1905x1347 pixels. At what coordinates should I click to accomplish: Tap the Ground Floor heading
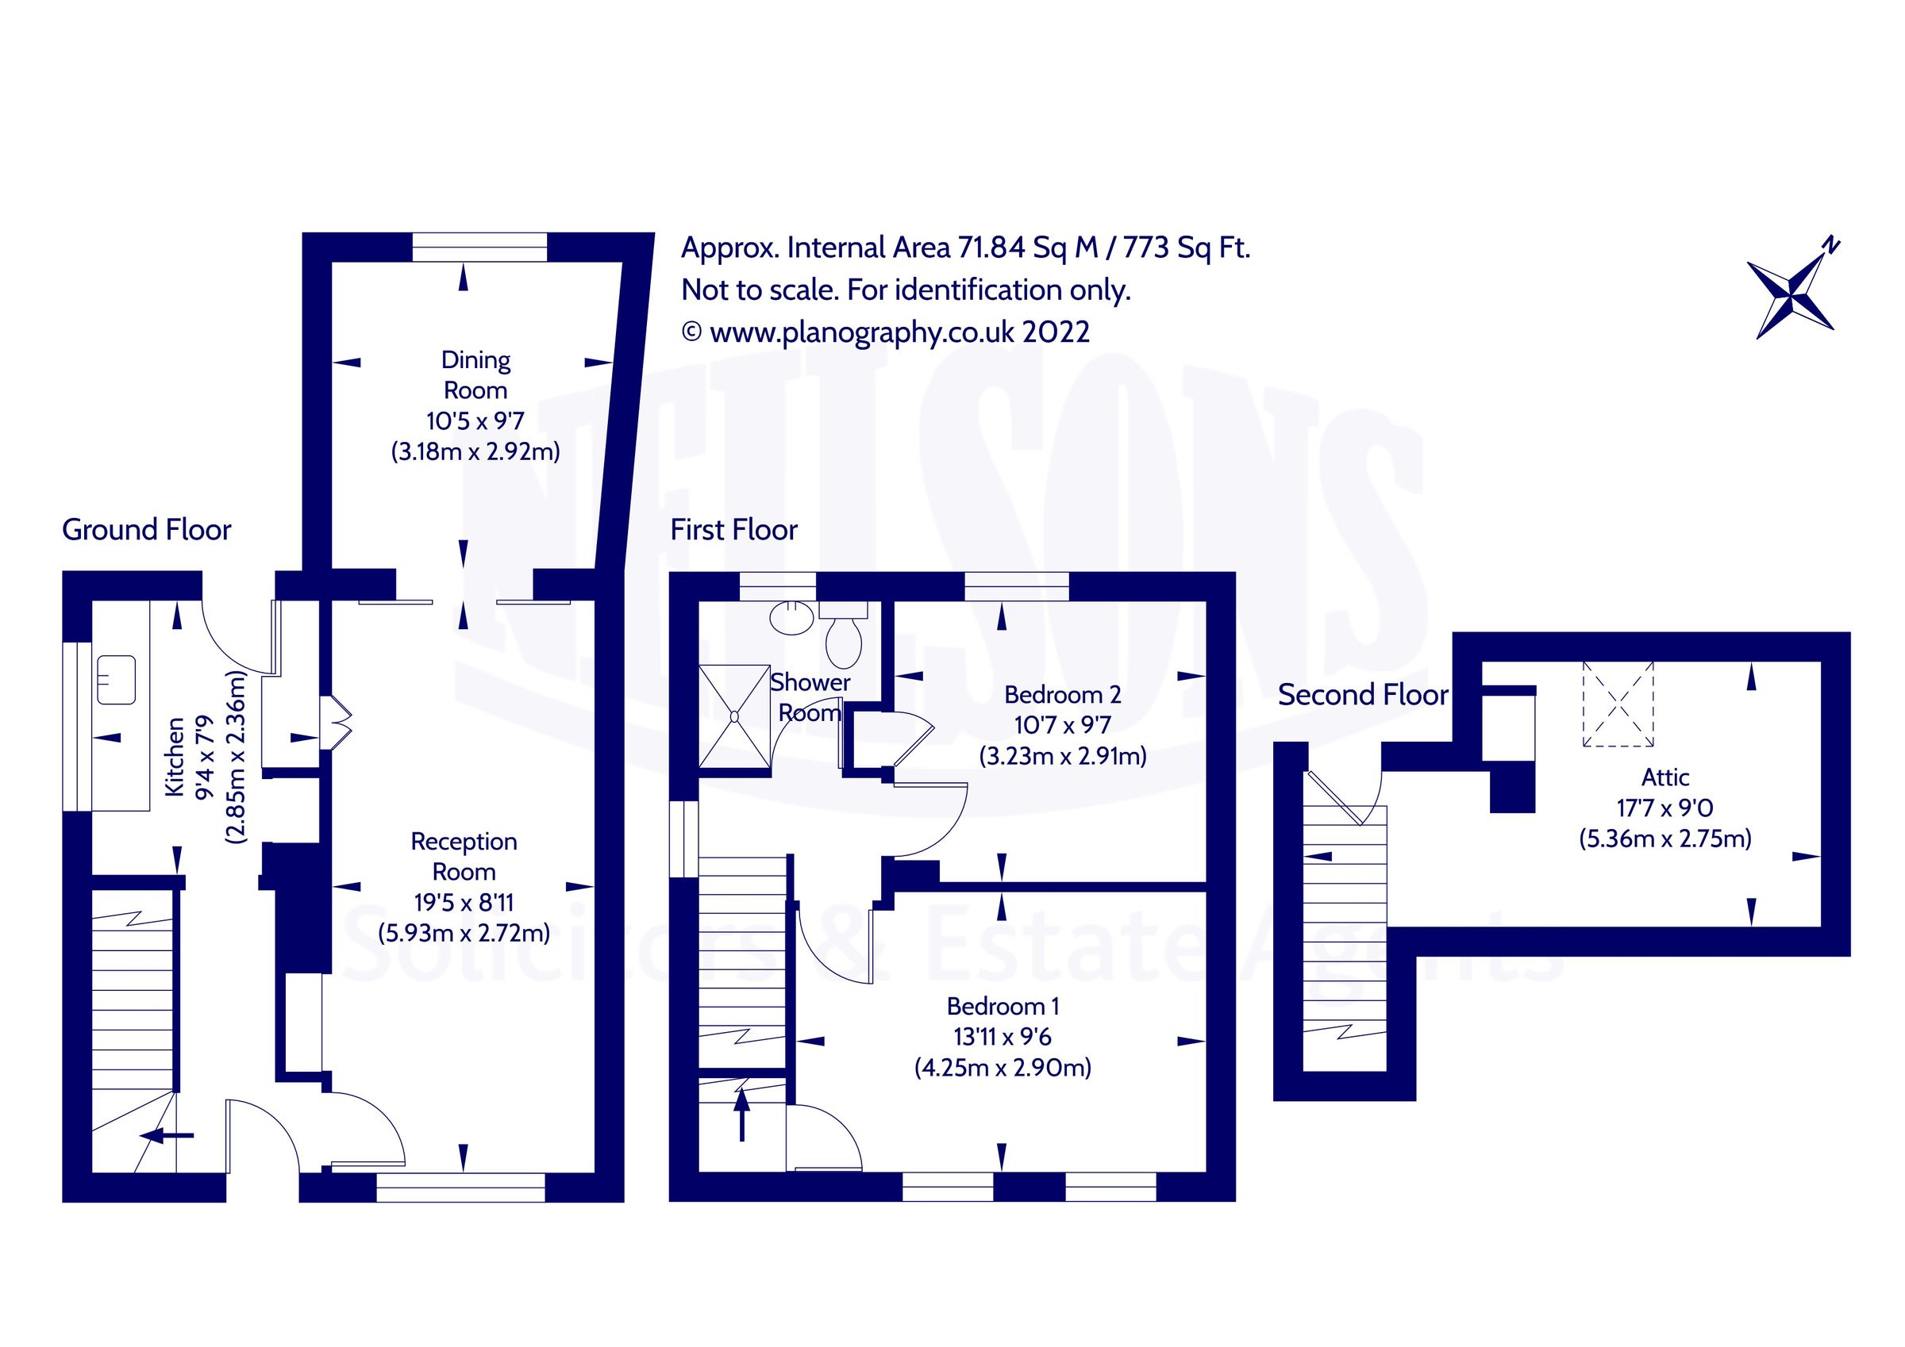coord(146,530)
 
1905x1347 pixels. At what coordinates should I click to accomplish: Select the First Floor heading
coord(733,530)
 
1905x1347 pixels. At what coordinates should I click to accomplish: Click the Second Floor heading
coord(1362,695)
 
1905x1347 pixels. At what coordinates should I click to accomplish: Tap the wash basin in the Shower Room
coord(791,617)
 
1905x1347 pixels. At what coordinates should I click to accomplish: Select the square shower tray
coord(733,716)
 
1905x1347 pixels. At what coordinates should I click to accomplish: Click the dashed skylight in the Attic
coord(1618,704)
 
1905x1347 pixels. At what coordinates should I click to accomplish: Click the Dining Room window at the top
coord(479,248)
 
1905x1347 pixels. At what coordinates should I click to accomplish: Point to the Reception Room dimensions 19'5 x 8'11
coord(464,903)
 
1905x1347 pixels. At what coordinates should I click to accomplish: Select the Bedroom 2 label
coord(1062,694)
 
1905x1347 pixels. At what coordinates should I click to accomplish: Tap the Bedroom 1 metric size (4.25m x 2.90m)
coord(1003,1068)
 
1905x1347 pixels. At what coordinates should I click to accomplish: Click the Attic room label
coord(1665,777)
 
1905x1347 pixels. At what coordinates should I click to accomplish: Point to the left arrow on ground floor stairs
coord(167,1135)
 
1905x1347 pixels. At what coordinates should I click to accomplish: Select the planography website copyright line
coord(885,332)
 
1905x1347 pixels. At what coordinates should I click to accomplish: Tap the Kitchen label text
coord(175,758)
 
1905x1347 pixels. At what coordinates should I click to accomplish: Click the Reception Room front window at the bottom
coord(460,1187)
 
